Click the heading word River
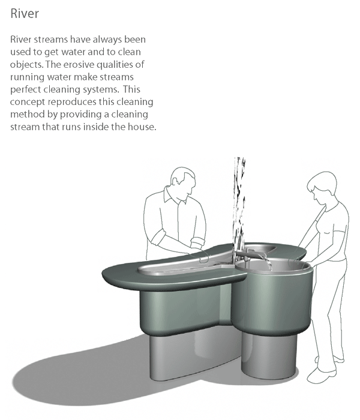tap(23, 13)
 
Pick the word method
tap(28, 115)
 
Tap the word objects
tap(27, 65)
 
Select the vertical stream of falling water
tap(239, 198)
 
